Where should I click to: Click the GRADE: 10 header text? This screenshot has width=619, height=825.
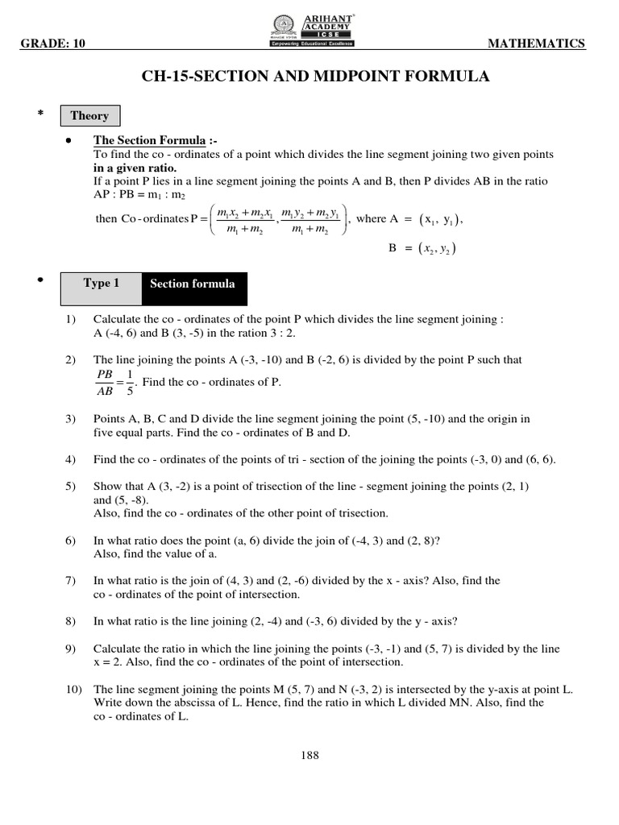pyautogui.click(x=53, y=44)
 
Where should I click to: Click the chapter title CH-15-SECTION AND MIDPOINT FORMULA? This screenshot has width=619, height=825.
pyautogui.click(x=315, y=77)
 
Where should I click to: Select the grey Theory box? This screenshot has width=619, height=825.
pyautogui.click(x=89, y=115)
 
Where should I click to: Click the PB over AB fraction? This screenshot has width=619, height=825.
pyautogui.click(x=104, y=383)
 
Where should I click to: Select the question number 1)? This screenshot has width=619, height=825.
pyautogui.click(x=71, y=319)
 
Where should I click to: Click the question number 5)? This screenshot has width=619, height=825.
pyautogui.click(x=71, y=487)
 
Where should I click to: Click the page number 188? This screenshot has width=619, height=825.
pyautogui.click(x=309, y=755)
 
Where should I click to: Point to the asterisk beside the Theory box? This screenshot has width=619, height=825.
pyautogui.click(x=39, y=115)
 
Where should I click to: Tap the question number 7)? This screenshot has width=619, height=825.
pyautogui.click(x=71, y=580)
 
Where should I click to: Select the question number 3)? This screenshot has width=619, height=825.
pyautogui.click(x=71, y=419)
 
